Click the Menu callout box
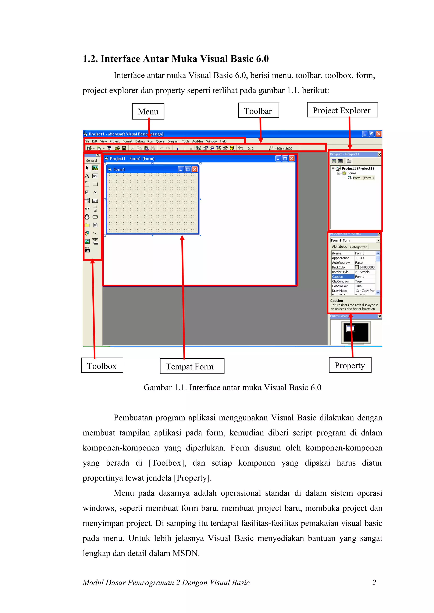pos(148,111)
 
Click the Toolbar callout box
pos(258,110)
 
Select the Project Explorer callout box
pos(342,110)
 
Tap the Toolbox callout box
pos(102,365)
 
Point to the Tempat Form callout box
pos(192,366)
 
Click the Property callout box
pos(350,365)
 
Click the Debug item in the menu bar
pos(140,141)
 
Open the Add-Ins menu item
pos(198,141)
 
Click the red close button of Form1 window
pos(195,169)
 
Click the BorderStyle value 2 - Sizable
pos(362,272)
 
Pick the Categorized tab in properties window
pos(359,247)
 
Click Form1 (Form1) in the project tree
pos(363,178)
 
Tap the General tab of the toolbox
pos(92,160)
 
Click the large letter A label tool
pos(87,176)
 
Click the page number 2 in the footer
pos(374,582)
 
